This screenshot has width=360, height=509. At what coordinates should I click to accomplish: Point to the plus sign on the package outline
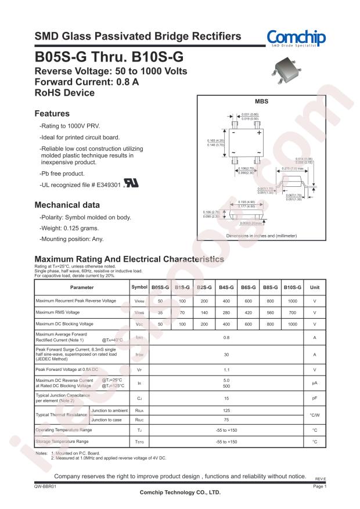[x=258, y=133]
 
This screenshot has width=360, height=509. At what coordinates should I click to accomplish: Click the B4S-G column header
[x=226, y=287]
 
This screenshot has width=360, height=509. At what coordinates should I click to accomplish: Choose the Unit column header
[x=314, y=287]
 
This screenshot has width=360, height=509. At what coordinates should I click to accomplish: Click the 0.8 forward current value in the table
[x=226, y=337]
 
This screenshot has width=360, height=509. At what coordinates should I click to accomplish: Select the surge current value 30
[x=226, y=355]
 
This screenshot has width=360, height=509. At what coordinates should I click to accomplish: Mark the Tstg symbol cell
[x=140, y=442]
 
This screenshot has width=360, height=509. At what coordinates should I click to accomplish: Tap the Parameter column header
[x=82, y=287]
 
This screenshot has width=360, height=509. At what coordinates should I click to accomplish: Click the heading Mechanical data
[x=67, y=205]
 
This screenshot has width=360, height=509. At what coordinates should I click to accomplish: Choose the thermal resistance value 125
[x=226, y=411]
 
